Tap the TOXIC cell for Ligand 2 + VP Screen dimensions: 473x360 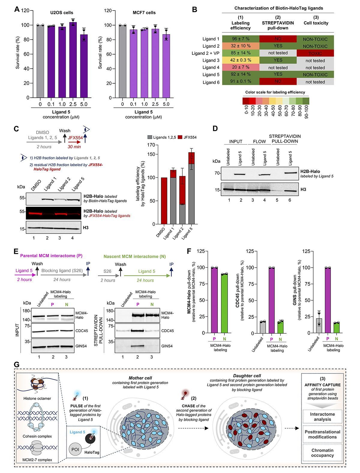coord(315,53)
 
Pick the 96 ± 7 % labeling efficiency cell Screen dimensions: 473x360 coord(240,39)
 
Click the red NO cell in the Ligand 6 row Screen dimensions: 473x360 coord(278,82)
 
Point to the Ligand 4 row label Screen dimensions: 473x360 coord(211,68)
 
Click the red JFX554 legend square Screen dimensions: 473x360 coord(181,137)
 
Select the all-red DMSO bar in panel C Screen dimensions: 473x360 coord(164,201)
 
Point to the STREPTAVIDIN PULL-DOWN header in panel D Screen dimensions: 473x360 coord(285,139)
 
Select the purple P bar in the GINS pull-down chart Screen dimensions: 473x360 coord(328,300)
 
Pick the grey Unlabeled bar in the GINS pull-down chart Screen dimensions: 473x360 coord(319,326)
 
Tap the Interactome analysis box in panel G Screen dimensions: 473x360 coord(322,417)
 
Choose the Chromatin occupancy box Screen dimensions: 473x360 coord(322,453)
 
